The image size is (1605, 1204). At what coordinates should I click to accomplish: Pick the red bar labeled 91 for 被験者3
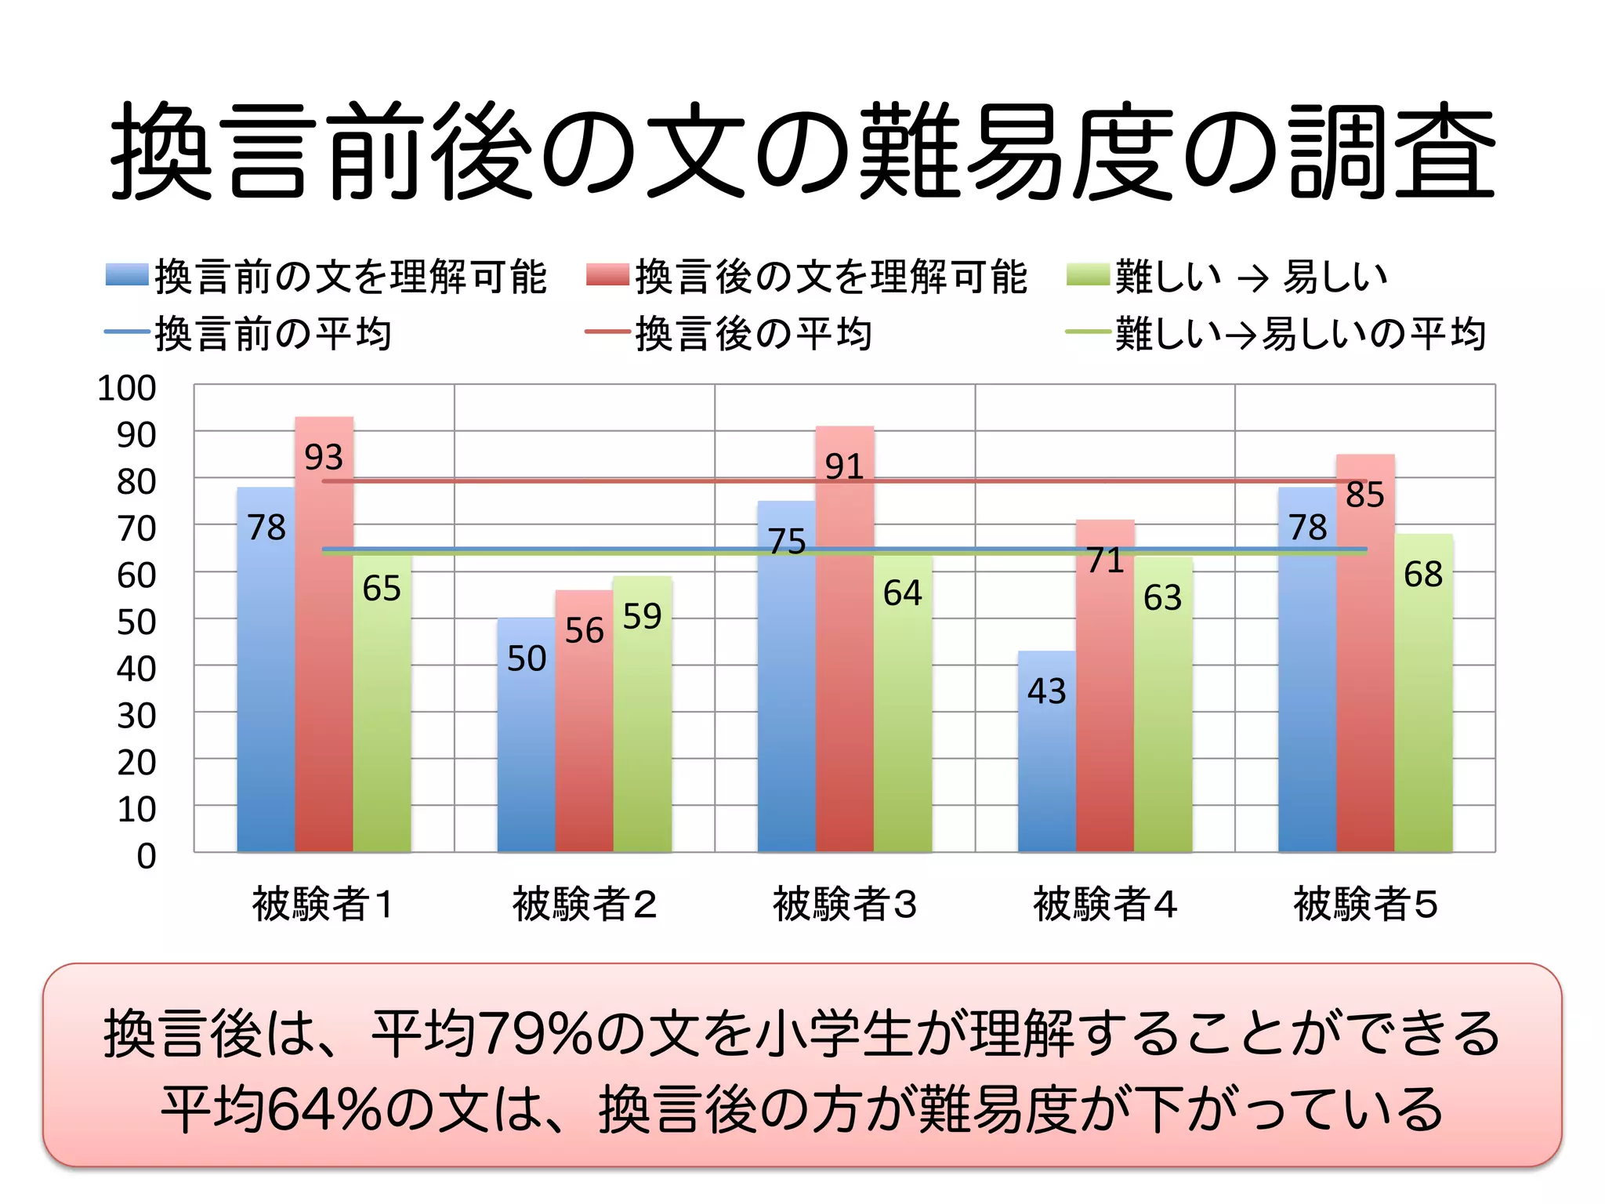(x=844, y=651)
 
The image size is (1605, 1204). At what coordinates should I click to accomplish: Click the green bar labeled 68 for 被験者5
(x=1423, y=698)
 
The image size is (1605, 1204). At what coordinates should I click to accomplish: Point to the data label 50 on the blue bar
(x=527, y=658)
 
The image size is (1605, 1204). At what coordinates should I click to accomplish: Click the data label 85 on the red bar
(x=1364, y=495)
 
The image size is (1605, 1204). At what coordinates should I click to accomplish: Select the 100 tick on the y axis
(x=126, y=388)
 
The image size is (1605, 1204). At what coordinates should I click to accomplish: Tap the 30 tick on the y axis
(x=136, y=716)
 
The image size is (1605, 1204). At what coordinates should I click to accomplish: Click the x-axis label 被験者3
(x=844, y=904)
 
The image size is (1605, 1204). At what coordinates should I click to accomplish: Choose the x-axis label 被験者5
(x=1364, y=904)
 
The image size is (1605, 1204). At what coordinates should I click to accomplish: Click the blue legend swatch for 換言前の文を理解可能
(x=127, y=275)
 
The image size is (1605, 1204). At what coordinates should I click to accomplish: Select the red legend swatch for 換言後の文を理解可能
(x=607, y=275)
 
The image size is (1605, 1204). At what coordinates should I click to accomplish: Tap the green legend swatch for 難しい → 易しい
(x=1088, y=275)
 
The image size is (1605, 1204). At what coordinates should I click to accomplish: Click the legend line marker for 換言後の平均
(x=607, y=332)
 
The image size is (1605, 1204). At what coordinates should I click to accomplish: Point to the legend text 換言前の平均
(x=273, y=334)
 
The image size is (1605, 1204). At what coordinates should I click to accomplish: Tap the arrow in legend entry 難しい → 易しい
(x=1252, y=278)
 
